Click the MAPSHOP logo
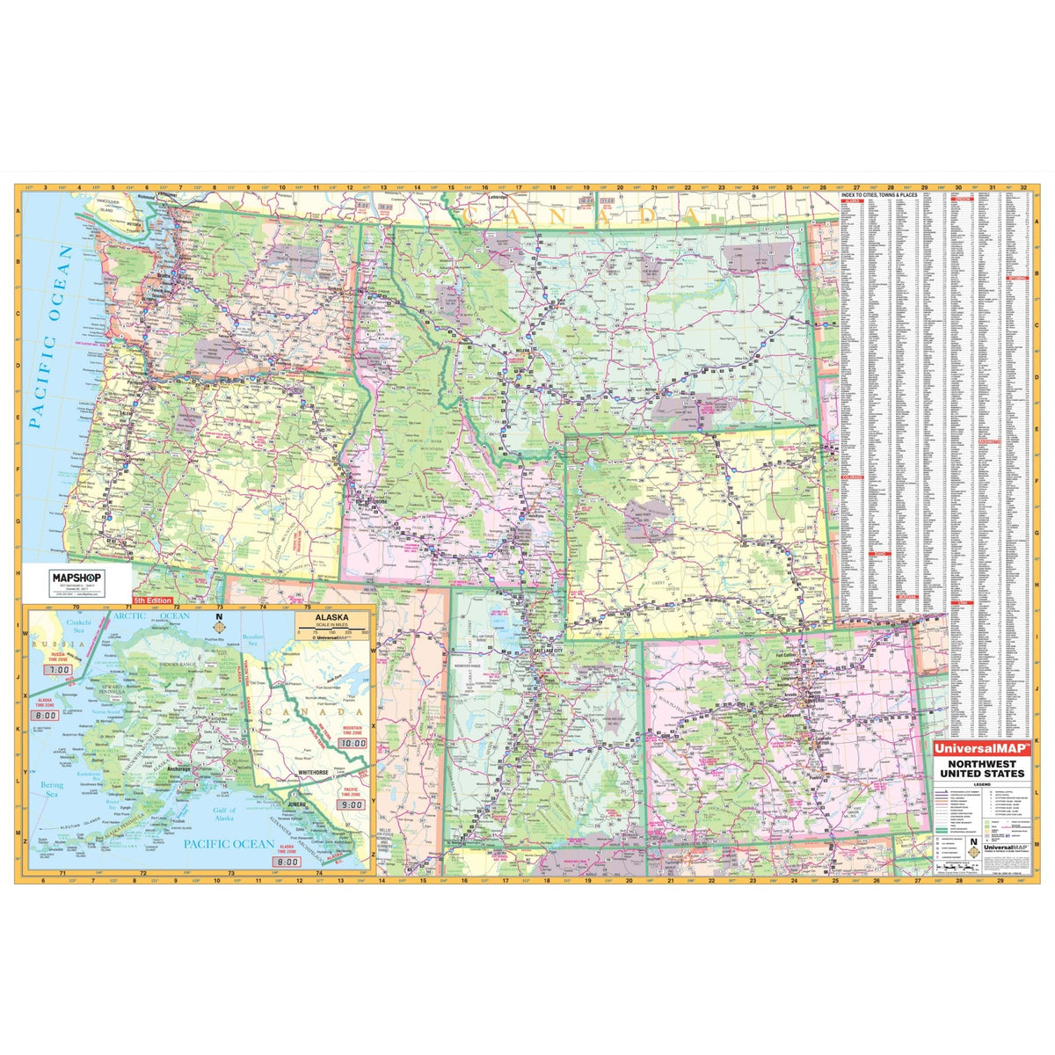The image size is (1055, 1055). (x=77, y=576)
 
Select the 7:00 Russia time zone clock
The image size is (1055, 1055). (x=59, y=670)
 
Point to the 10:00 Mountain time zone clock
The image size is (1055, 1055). (x=353, y=743)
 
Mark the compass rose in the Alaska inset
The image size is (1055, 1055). (x=219, y=629)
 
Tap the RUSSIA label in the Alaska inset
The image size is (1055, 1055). (x=46, y=644)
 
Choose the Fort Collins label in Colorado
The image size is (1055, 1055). (x=787, y=654)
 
